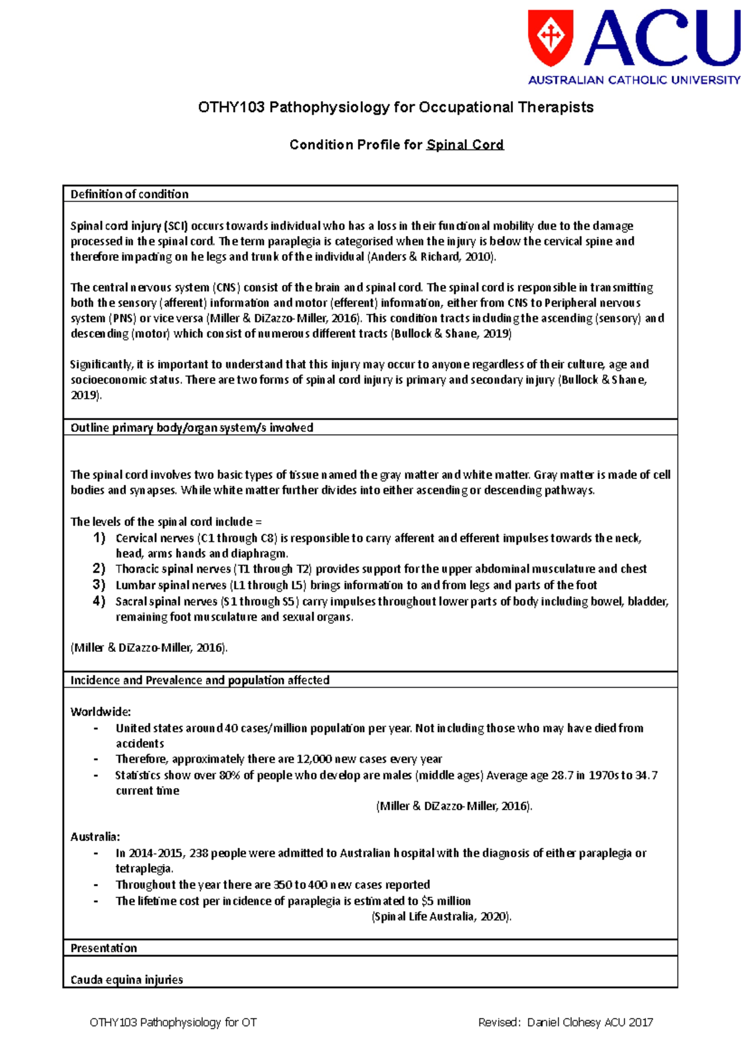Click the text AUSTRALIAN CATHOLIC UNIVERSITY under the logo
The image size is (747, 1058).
[x=634, y=80]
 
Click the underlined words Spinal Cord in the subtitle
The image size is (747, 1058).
[x=465, y=145]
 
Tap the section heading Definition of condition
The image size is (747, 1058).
[x=129, y=194]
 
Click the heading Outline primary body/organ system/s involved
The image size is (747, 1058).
[x=192, y=427]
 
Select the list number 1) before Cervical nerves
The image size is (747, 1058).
[x=100, y=538]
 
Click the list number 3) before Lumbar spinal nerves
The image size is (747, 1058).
[x=100, y=584]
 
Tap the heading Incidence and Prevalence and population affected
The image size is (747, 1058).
[x=200, y=680]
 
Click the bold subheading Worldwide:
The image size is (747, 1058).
[x=101, y=712]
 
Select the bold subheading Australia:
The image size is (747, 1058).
[x=95, y=836]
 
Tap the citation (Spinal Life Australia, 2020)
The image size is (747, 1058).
[x=441, y=917]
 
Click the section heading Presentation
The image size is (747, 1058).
[x=103, y=948]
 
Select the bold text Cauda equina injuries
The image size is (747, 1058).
[x=127, y=979]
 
